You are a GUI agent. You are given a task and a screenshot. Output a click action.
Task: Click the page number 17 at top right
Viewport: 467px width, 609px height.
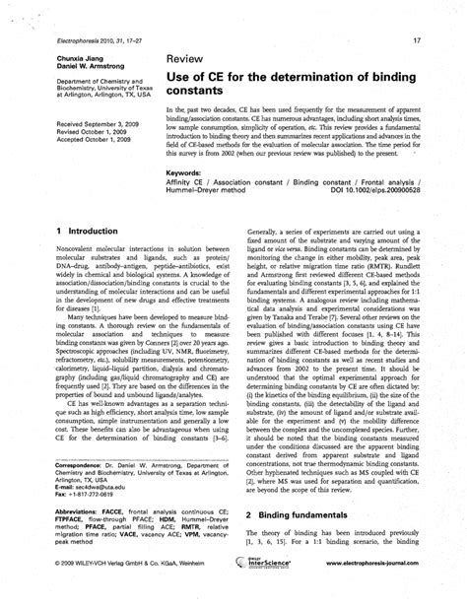pyautogui.click(x=417, y=40)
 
